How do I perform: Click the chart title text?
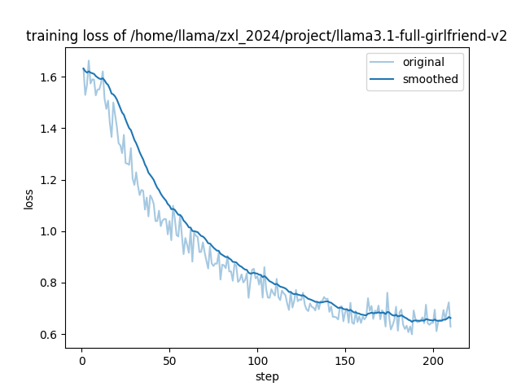coord(267,36)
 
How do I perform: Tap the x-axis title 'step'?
coord(267,376)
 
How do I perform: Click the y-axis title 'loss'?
coord(28,198)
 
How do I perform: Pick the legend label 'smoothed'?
coord(431,80)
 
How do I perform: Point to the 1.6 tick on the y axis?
coord(50,77)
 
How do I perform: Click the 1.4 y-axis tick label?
coord(50,129)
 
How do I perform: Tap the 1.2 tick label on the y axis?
coord(50,180)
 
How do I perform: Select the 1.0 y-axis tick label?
coord(50,231)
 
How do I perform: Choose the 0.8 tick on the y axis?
coord(50,283)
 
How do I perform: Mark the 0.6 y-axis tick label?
coord(50,335)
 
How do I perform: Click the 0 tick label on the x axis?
coord(81,360)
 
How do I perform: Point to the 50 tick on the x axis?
coord(169,360)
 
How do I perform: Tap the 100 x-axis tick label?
coord(257,360)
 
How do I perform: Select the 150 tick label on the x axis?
coord(345,360)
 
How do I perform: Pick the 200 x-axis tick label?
coord(433,360)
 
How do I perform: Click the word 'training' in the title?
coord(50,36)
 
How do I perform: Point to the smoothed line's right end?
coord(450,318)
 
